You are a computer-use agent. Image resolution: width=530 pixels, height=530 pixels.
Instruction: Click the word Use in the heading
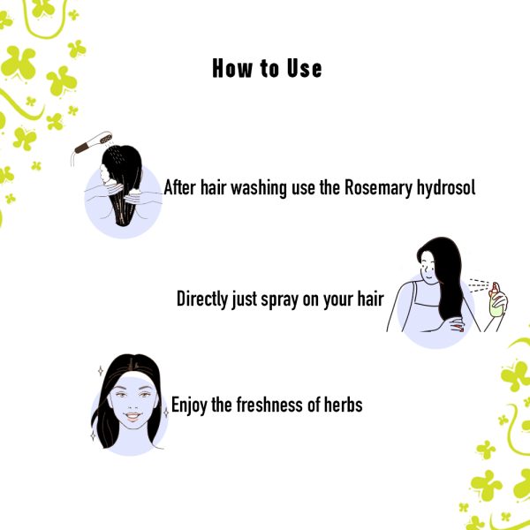(304, 69)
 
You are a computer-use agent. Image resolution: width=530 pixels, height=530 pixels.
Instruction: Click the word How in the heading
(232, 69)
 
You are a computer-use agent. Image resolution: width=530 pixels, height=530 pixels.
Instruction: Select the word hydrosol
(446, 187)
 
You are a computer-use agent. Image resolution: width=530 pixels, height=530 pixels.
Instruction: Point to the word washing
(259, 187)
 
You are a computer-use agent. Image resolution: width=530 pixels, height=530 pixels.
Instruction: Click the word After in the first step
(179, 187)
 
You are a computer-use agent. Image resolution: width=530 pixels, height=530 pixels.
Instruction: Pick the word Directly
(202, 299)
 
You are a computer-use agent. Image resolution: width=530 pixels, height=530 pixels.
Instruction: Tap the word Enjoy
(189, 405)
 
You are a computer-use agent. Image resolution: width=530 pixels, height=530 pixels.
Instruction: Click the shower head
(94, 142)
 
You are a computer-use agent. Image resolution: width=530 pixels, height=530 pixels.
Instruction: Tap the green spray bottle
(496, 301)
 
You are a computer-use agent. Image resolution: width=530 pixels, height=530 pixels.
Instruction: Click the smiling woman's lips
(132, 416)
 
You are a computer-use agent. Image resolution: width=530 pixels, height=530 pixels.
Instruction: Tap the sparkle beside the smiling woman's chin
(166, 413)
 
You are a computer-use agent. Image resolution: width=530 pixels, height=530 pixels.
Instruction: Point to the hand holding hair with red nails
(457, 325)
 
